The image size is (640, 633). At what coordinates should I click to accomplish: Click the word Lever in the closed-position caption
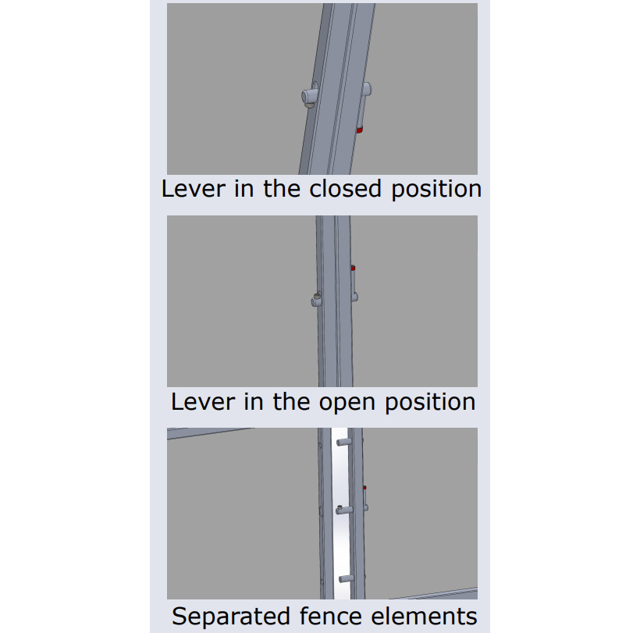pyautogui.click(x=194, y=189)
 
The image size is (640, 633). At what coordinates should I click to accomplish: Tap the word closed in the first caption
pyautogui.click(x=345, y=189)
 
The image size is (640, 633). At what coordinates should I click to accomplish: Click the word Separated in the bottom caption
pyautogui.click(x=231, y=616)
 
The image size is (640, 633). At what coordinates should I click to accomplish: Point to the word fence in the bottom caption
pyautogui.click(x=331, y=616)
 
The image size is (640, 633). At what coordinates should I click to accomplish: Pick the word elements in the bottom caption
pyautogui.click(x=424, y=616)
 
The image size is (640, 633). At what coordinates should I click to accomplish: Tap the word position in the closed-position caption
pyautogui.click(x=437, y=190)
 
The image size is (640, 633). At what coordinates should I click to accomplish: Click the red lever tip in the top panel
pyautogui.click(x=360, y=130)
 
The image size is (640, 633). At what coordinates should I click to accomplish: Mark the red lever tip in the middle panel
pyautogui.click(x=353, y=268)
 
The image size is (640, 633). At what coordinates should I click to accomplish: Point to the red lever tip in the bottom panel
pyautogui.click(x=364, y=487)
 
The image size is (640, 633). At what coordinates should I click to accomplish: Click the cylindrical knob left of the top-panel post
pyautogui.click(x=309, y=96)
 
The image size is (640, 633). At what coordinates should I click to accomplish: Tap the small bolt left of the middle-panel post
pyautogui.click(x=316, y=300)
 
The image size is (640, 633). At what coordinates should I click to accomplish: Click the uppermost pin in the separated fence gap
pyautogui.click(x=343, y=442)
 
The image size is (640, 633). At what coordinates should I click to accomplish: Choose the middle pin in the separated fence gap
pyautogui.click(x=343, y=510)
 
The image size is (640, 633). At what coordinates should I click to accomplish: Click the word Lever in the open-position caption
pyautogui.click(x=203, y=402)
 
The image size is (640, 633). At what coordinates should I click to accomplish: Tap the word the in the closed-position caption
pyautogui.click(x=282, y=189)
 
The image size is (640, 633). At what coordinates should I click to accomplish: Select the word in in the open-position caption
pyautogui.click(x=254, y=402)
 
